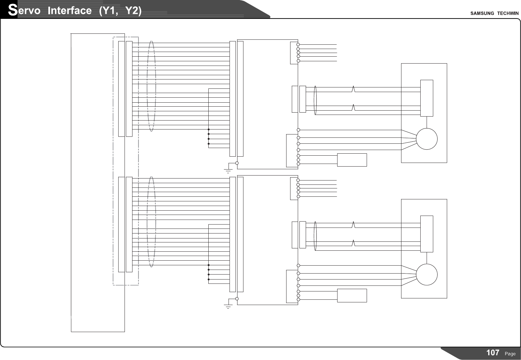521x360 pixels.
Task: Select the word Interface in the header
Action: pos(70,11)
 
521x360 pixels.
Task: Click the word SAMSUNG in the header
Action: pos(482,13)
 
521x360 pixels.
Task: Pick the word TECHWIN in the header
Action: pos(508,13)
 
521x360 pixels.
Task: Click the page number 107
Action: pos(493,353)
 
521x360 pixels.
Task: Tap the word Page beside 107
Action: pos(510,354)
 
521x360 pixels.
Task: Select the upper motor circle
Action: pos(427,139)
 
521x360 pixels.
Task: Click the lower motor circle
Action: pos(427,275)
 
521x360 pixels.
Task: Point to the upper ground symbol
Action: pos(228,171)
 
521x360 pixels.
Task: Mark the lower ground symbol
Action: pos(228,306)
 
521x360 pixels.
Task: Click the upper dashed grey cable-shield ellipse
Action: pos(151,86)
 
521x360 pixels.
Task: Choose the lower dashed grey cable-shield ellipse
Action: pos(151,222)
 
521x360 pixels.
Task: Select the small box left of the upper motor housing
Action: pos(352,160)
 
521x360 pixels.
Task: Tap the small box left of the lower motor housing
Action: pos(352,295)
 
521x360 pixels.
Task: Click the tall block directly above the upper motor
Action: pos(427,98)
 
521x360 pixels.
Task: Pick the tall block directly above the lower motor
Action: pos(427,234)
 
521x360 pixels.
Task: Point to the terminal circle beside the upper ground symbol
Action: pos(237,163)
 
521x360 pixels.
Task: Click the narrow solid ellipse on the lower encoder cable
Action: pos(315,236)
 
